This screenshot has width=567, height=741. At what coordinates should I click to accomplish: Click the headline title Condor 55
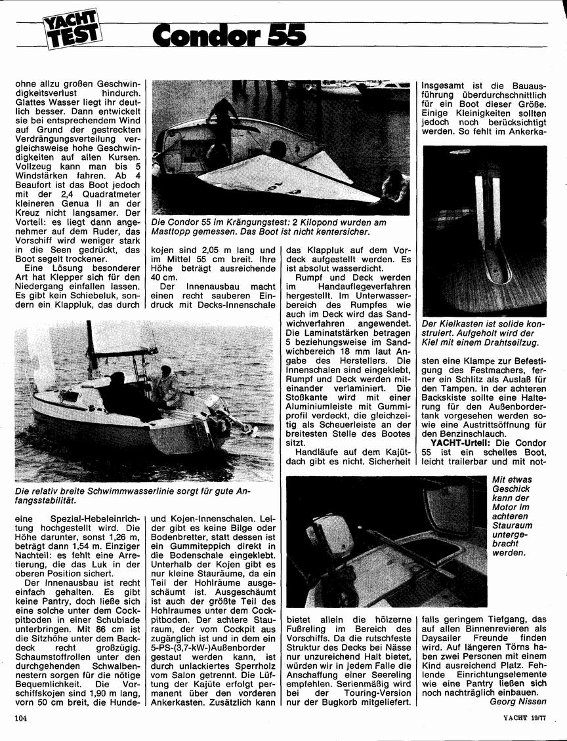click(228, 33)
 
